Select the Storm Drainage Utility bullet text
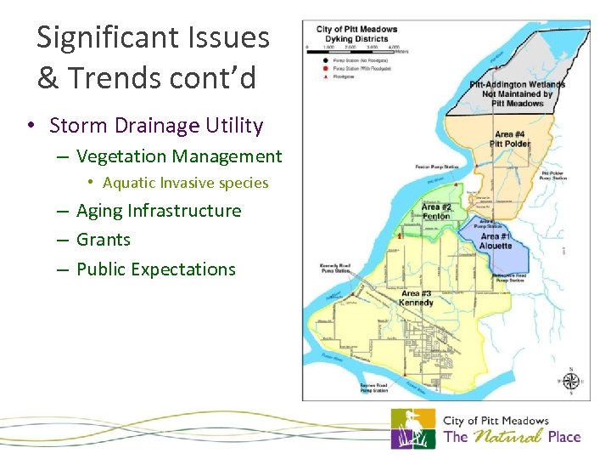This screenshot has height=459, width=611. click(156, 126)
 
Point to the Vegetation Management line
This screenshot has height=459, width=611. click(179, 156)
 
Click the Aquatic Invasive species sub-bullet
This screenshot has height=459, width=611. click(185, 183)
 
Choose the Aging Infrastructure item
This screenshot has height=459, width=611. click(159, 211)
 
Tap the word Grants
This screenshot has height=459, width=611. click(104, 240)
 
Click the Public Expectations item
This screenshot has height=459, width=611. click(156, 269)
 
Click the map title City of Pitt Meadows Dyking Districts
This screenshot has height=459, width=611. click(356, 34)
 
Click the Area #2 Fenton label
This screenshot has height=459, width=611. click(436, 212)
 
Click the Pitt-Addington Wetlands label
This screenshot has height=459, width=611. click(518, 93)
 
